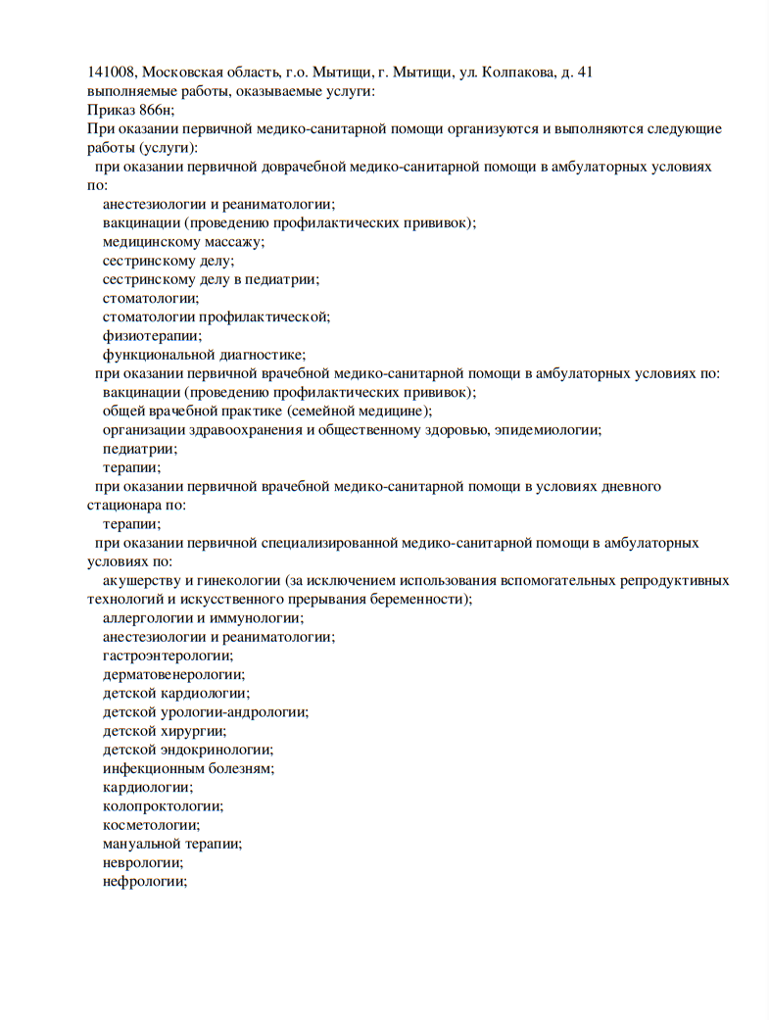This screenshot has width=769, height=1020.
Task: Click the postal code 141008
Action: (112, 73)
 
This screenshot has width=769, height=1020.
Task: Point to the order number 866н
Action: (157, 111)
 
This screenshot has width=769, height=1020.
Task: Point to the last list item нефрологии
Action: (144, 882)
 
